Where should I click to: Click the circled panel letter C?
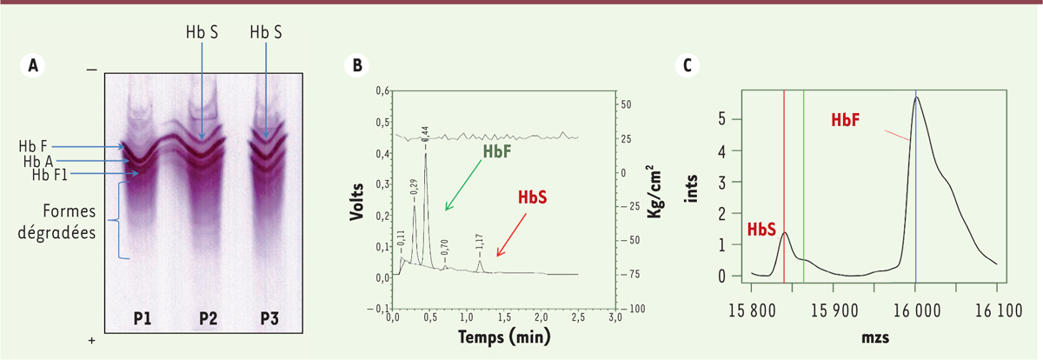[x=688, y=64]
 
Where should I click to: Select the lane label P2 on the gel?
[x=208, y=318]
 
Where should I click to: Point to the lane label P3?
[x=272, y=318]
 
